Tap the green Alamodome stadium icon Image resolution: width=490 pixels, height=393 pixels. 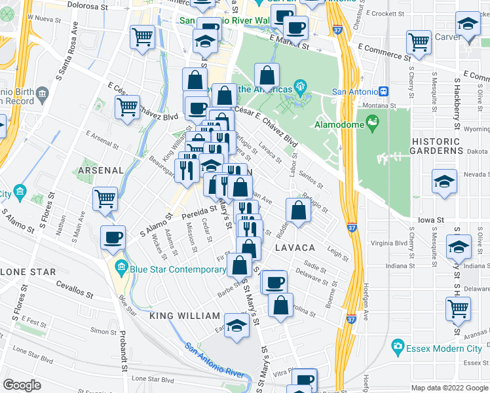tap(373, 122)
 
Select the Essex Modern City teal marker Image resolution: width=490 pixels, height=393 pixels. tap(397, 346)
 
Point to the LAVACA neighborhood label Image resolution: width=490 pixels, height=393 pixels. tap(295, 248)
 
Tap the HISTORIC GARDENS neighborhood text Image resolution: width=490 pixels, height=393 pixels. tap(443, 146)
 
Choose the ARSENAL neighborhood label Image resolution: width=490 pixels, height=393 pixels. tap(101, 170)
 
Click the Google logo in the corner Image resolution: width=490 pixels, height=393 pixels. tap(22, 384)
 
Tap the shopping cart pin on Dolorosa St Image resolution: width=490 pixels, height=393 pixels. tap(142, 37)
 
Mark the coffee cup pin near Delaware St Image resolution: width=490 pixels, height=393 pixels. tap(275, 282)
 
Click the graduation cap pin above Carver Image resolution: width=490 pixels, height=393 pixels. tap(468, 24)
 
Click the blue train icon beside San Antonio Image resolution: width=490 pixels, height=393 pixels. tap(385, 92)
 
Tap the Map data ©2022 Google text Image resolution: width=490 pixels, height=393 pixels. tap(449, 388)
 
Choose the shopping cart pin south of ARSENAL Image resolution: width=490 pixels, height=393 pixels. tap(105, 198)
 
